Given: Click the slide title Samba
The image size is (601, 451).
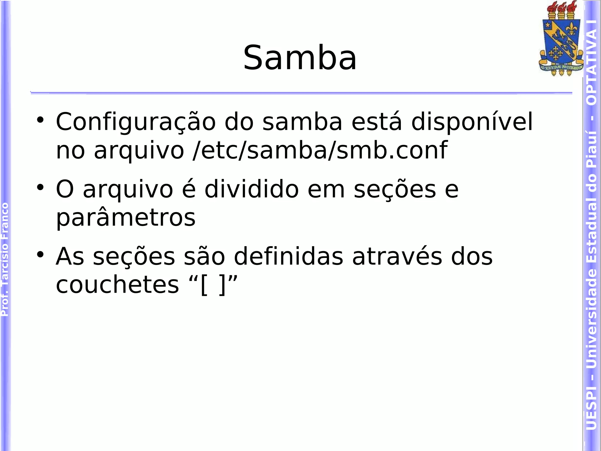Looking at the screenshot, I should (300, 58).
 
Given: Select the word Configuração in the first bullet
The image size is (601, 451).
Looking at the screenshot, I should (136, 122).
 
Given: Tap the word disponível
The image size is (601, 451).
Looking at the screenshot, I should (472, 122).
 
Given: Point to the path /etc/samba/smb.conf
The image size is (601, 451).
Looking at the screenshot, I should (320, 150).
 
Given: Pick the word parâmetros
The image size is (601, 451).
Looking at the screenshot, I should (126, 218).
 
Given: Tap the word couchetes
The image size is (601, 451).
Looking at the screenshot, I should (117, 285).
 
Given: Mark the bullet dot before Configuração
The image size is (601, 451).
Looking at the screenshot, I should (40, 120).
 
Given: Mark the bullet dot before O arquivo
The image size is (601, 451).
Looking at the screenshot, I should (40, 187).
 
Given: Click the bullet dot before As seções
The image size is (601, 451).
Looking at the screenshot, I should (40, 254).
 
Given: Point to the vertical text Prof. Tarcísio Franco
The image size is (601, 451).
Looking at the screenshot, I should (5, 259).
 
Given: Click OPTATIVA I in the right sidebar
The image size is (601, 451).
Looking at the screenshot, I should (591, 62).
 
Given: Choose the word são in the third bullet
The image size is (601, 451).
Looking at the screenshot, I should (204, 257).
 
